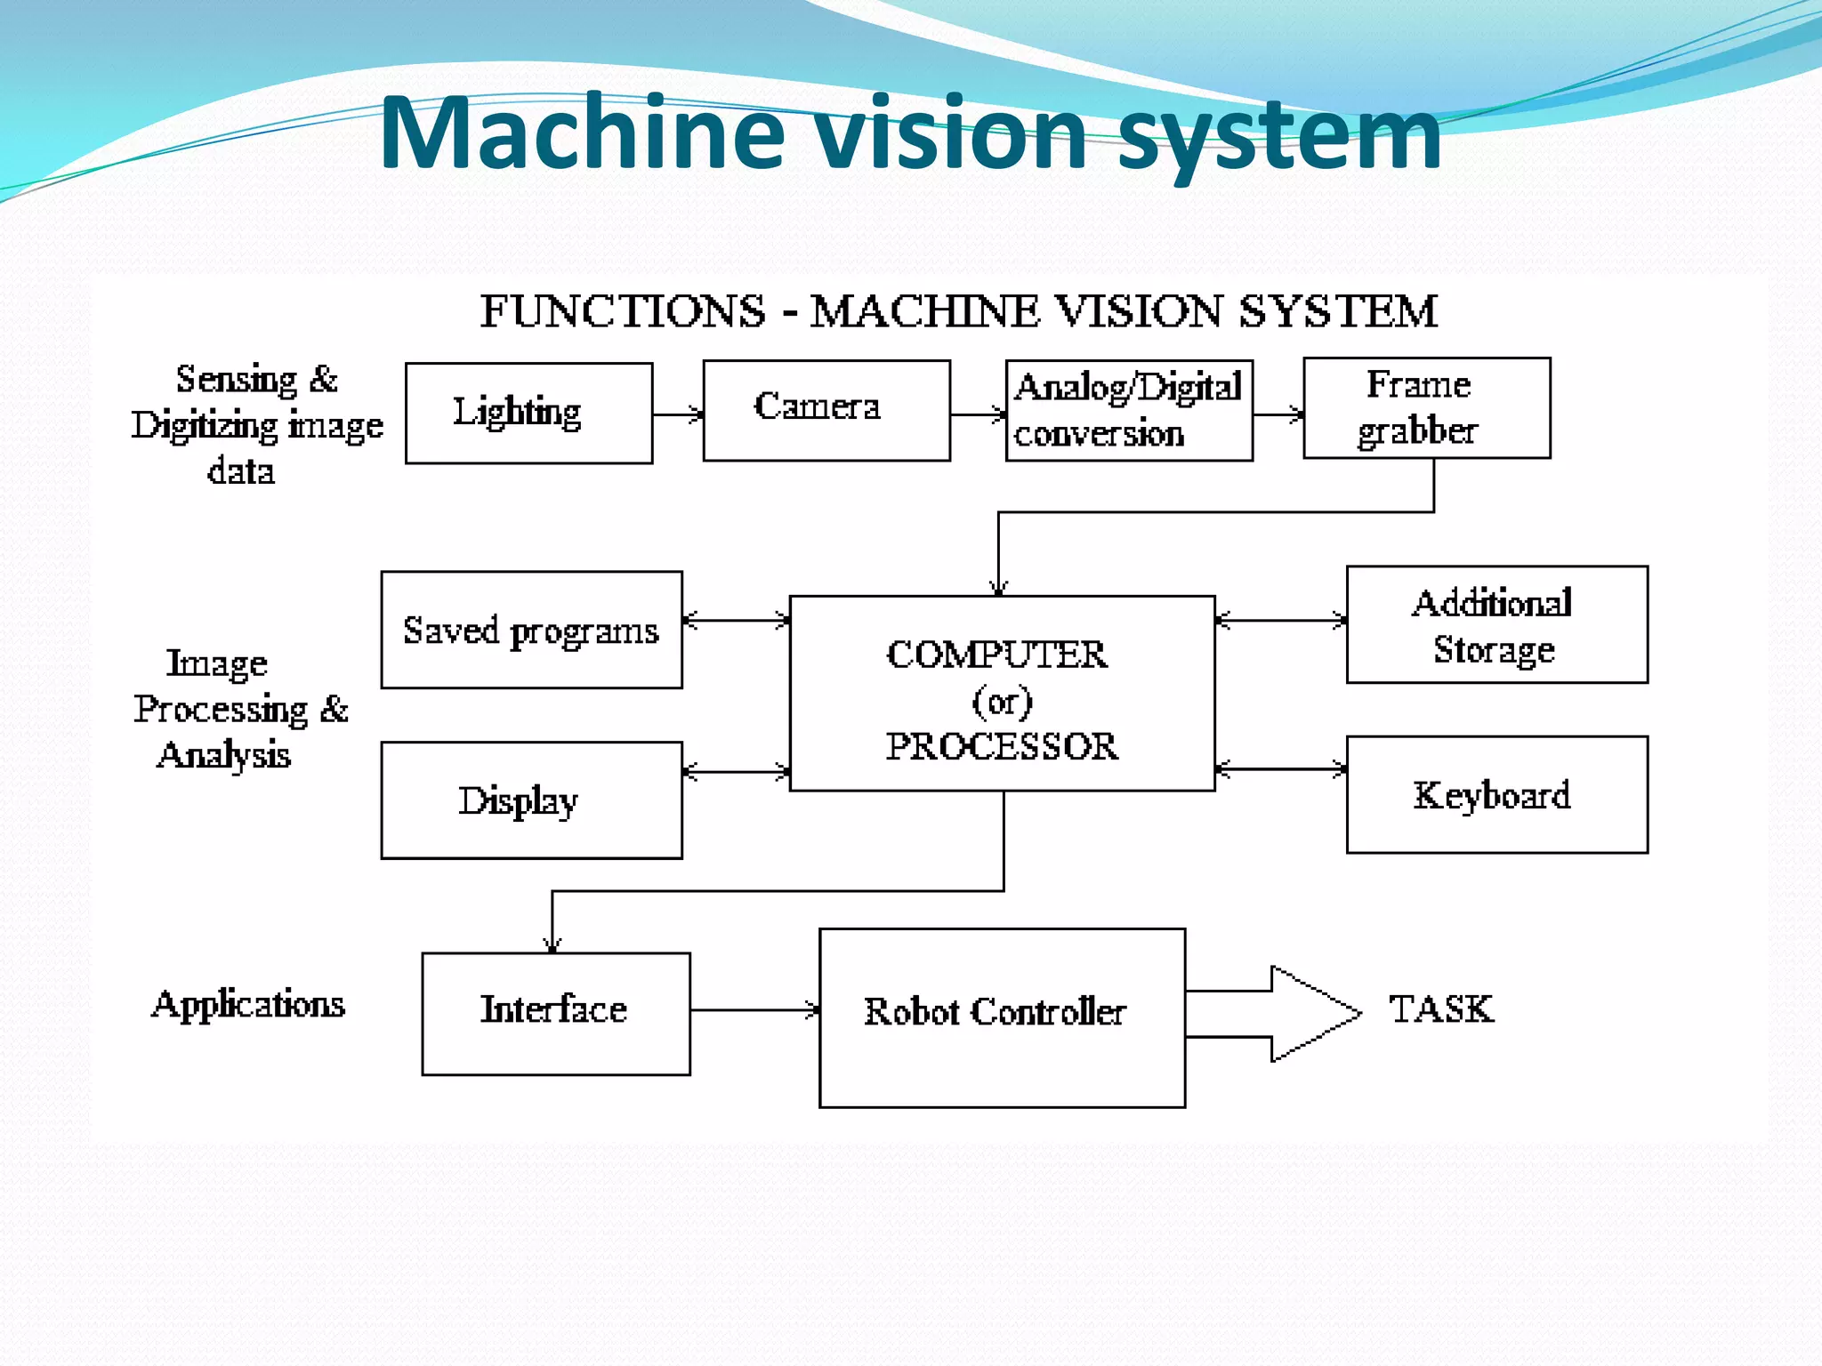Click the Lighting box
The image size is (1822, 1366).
pyautogui.click(x=528, y=413)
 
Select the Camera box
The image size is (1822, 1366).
pyautogui.click(x=826, y=410)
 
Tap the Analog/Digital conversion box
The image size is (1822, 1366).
pyautogui.click(x=1128, y=410)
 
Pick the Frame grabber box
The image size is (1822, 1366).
pyautogui.click(x=1426, y=408)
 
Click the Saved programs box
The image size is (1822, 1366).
pyautogui.click(x=531, y=630)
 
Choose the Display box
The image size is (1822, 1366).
pyautogui.click(x=531, y=800)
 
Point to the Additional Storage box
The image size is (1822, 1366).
pyautogui.click(x=1496, y=624)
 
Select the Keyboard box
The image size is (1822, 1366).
pyautogui.click(x=1496, y=794)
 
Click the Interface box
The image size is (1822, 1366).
pyautogui.click(x=555, y=1013)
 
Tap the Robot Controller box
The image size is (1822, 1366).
pyautogui.click(x=1001, y=1017)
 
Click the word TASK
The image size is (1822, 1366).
pyautogui.click(x=1441, y=1009)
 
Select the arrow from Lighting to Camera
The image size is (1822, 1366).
pyautogui.click(x=677, y=414)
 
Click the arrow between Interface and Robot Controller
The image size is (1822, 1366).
pyautogui.click(x=754, y=1010)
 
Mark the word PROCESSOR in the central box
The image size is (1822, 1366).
pyautogui.click(x=1001, y=746)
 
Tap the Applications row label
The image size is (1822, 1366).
pyautogui.click(x=248, y=1004)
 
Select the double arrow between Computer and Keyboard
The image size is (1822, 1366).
pyautogui.click(x=1280, y=769)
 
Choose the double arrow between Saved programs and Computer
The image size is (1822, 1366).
pyautogui.click(x=736, y=621)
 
